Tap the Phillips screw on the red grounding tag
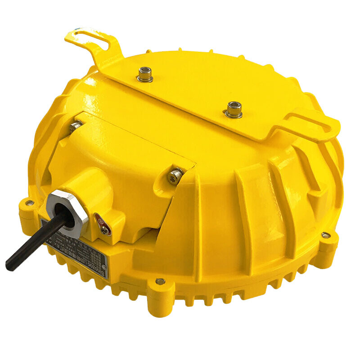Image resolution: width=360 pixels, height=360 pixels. click(x=104, y=229)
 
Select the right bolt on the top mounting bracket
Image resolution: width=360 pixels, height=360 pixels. click(x=233, y=109)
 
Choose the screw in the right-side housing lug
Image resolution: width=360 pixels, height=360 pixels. click(x=325, y=235)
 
